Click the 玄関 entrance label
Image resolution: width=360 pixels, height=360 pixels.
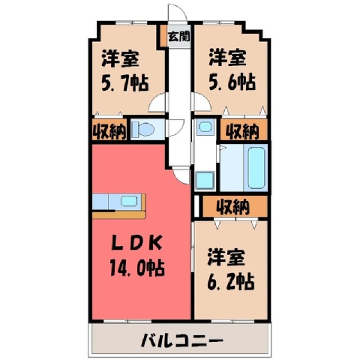pyautogui.click(x=178, y=37)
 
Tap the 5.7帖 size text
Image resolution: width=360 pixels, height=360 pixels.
pyautogui.click(x=125, y=82)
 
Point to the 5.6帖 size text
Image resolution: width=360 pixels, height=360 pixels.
pyautogui.click(x=232, y=82)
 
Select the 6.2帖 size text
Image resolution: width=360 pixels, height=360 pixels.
pyautogui.click(x=231, y=282)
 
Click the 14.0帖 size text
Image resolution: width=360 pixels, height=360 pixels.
pyautogui.click(x=137, y=268)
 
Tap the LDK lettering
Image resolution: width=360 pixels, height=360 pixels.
pyautogui.click(x=137, y=243)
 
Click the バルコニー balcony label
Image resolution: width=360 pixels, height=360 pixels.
pyautogui.click(x=181, y=340)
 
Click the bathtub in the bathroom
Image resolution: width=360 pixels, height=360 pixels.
pyautogui.click(x=256, y=167)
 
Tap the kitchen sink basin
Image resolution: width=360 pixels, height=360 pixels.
pyautogui.click(x=129, y=201)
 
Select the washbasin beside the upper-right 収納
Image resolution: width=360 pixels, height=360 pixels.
pyautogui.click(x=205, y=127)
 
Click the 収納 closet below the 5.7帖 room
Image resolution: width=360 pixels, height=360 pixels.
pyautogui.click(x=109, y=131)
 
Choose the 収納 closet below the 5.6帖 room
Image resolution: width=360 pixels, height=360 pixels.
pyautogui.click(x=243, y=131)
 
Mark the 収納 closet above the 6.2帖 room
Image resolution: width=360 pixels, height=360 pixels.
pyautogui.click(x=234, y=206)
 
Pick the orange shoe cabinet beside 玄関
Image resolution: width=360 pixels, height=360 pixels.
pyautogui.click(x=163, y=35)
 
